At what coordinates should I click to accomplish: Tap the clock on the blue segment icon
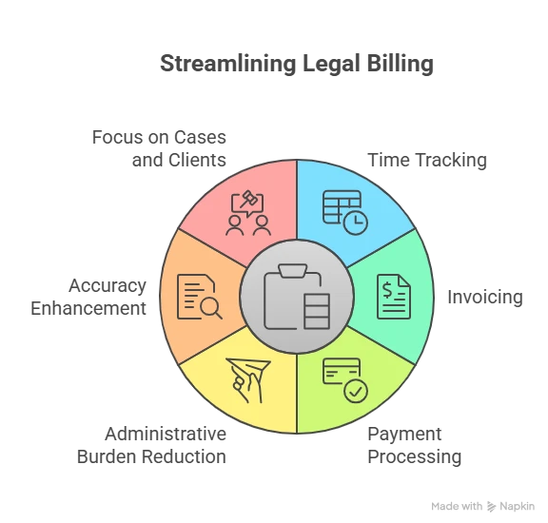(356, 223)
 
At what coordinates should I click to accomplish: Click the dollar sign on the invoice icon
(390, 288)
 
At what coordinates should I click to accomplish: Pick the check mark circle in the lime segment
(355, 391)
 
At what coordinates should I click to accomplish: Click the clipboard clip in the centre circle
(296, 271)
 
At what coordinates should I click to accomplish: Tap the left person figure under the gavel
(234, 225)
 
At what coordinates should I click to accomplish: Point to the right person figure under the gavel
(262, 225)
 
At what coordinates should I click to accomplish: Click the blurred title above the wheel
(295, 65)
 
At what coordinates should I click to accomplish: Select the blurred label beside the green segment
(483, 299)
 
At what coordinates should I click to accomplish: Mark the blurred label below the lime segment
(415, 445)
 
